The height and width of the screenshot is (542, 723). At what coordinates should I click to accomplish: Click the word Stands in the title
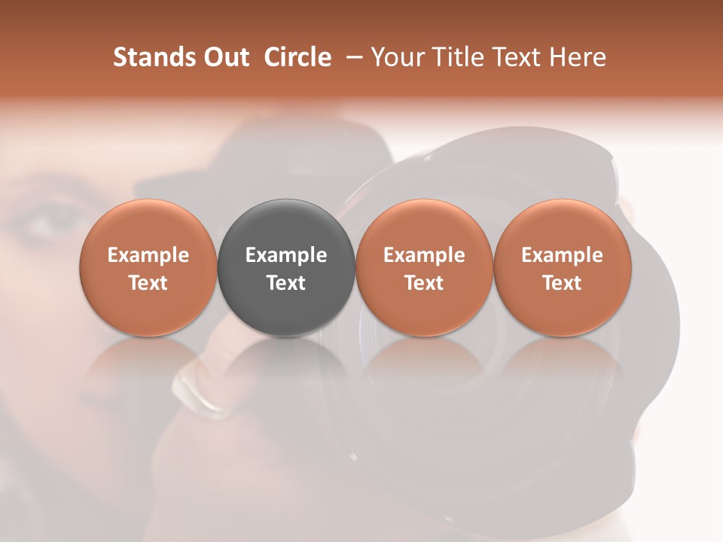point(150,57)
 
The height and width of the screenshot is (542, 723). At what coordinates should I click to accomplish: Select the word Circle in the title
point(297,57)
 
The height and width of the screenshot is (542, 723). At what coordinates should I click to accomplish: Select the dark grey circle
point(286,267)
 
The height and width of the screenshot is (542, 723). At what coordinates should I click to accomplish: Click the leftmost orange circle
point(148,267)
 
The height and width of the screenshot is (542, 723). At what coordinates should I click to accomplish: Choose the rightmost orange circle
point(562,267)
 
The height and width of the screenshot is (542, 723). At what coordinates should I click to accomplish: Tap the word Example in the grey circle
point(286,255)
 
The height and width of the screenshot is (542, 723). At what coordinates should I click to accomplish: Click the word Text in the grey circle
point(286,283)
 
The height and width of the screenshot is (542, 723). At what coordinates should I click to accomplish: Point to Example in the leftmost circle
point(148,255)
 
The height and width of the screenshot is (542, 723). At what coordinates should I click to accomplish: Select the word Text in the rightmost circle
point(562,283)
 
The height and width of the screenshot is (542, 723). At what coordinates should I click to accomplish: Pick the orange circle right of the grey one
point(424,267)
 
